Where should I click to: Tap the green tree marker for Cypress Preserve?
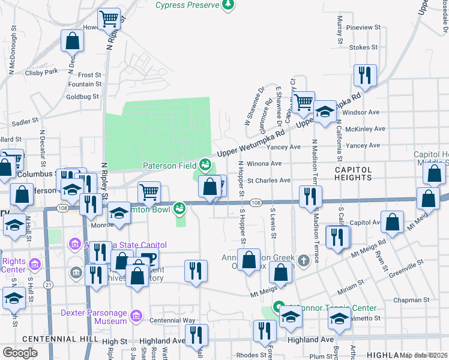[228, 5]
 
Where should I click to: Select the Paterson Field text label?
[169, 166]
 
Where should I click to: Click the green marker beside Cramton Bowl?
[179, 208]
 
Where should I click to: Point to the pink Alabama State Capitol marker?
[74, 244]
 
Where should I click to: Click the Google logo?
[20, 353]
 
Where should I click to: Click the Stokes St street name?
[363, 47]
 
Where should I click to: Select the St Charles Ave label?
[268, 180]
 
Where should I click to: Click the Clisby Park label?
[41, 72]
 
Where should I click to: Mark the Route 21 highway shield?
[47, 284]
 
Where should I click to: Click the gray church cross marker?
[304, 260]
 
